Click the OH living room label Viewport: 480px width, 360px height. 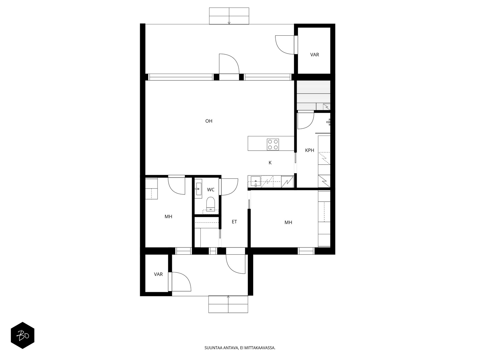(208, 121)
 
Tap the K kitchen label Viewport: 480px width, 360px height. (270, 163)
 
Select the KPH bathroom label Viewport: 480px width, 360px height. (309, 150)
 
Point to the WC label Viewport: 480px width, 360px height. (211, 190)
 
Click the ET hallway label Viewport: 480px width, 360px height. (234, 222)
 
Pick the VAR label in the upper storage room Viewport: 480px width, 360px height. (314, 55)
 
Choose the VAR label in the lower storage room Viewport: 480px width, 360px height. (158, 274)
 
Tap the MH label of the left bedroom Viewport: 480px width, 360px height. (168, 217)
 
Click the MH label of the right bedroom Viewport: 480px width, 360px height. (288, 223)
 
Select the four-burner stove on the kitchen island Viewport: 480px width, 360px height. (273, 145)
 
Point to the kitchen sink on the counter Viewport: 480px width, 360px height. (256, 182)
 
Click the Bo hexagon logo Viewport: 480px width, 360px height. (22, 335)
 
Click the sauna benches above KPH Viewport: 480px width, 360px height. (313, 95)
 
